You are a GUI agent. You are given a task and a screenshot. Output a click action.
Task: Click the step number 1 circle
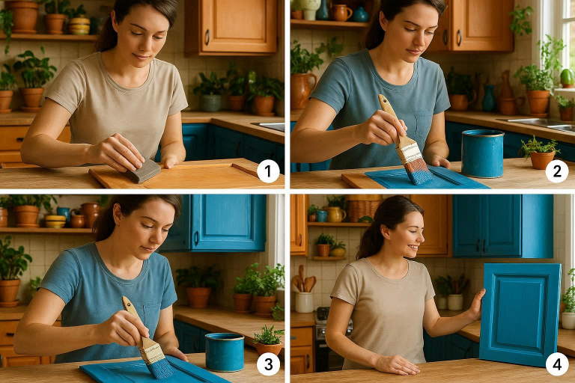pos(267,172)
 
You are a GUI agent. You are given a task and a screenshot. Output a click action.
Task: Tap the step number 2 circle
pos(556,172)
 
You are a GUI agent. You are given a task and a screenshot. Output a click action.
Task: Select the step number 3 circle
pos(267,364)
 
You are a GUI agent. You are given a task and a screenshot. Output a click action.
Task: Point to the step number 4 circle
pos(556,364)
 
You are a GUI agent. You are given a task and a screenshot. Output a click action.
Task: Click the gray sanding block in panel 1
pos(142,171)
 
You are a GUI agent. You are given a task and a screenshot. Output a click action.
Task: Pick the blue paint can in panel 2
pos(482,153)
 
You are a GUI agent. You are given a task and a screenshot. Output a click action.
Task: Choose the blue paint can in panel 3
pos(225,352)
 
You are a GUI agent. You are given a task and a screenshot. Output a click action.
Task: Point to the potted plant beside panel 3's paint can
pos(269,340)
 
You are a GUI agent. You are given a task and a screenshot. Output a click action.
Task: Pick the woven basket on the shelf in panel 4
pos(364,209)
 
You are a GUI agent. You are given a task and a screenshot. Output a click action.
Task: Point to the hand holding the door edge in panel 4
pos(477,305)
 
